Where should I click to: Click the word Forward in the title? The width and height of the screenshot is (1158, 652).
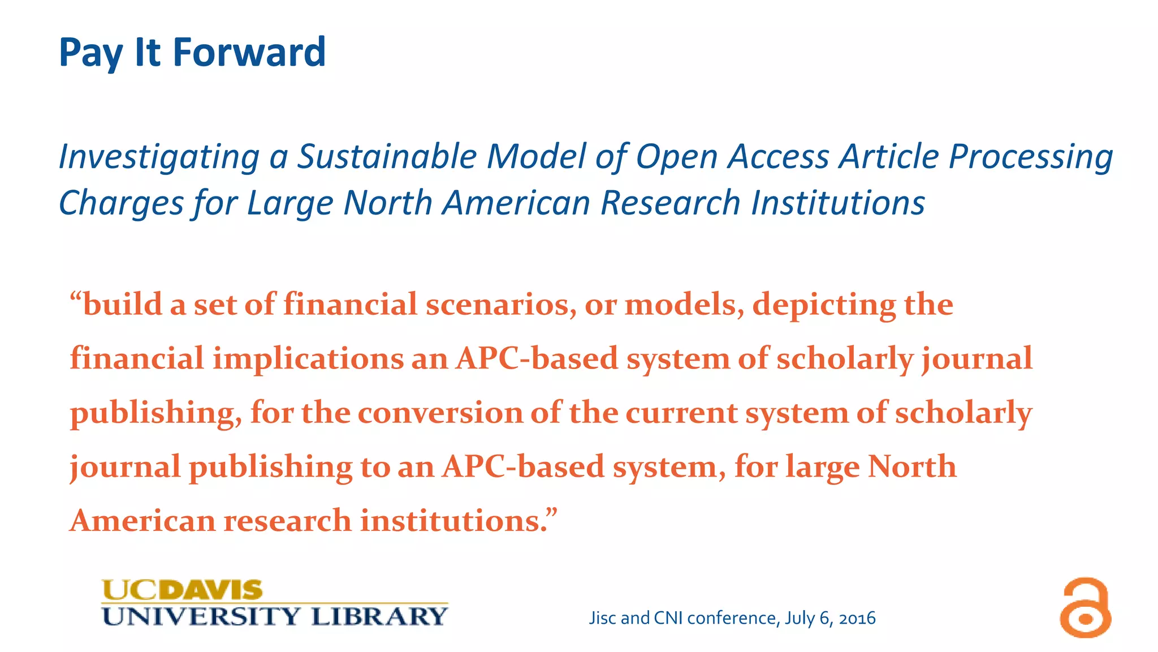coord(249,52)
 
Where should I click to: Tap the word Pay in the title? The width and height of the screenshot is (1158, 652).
coord(90,54)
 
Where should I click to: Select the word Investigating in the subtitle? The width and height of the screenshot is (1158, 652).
coord(159,157)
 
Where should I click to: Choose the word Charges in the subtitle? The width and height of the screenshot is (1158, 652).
coord(121,203)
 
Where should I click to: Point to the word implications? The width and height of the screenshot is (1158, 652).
coord(308,359)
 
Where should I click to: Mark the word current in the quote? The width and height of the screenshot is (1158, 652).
coord(681,413)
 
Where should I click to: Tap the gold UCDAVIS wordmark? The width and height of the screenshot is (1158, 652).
coord(182,590)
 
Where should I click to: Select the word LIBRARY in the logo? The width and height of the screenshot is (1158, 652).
coord(379,616)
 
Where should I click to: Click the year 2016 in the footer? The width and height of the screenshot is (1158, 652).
coord(857,618)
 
